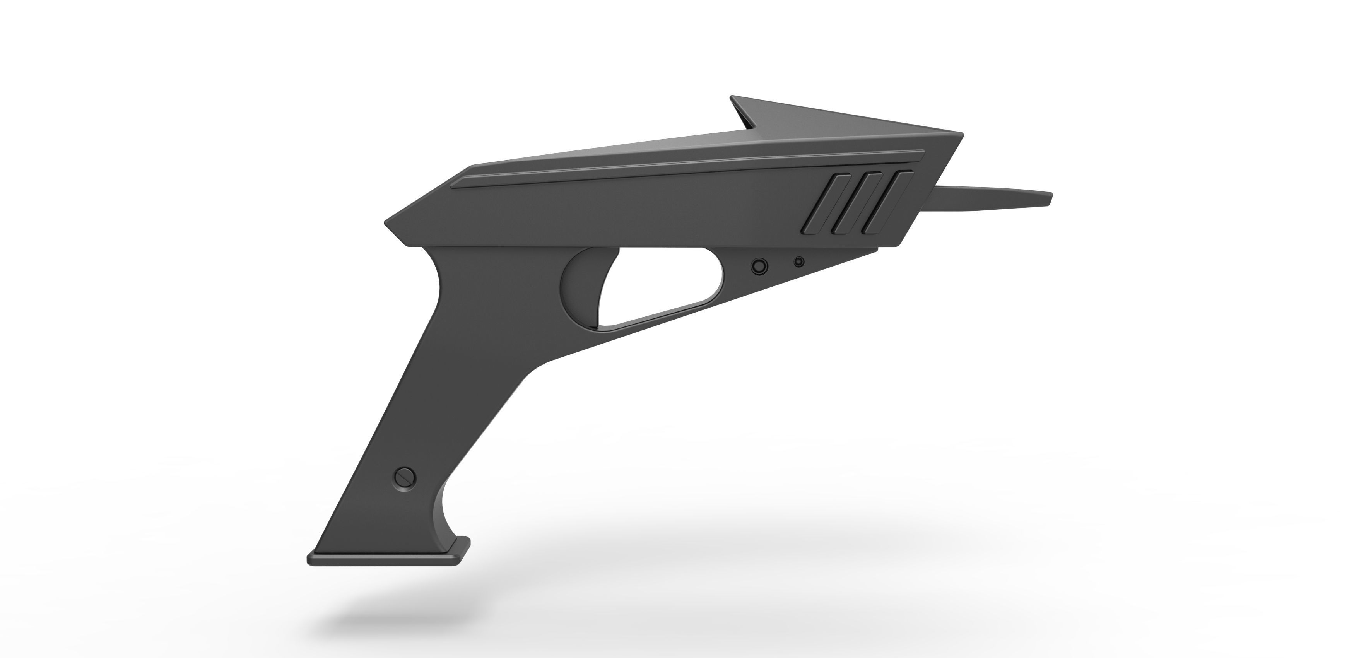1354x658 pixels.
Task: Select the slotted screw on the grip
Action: pyautogui.click(x=405, y=478)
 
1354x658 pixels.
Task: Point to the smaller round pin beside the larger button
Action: pyautogui.click(x=799, y=262)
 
